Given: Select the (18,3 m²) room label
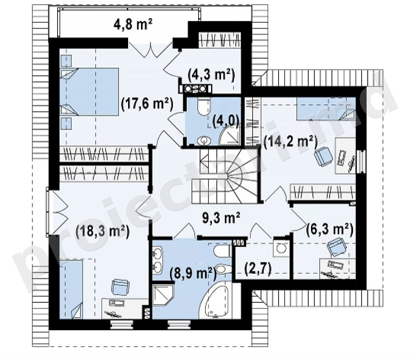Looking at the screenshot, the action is (x=102, y=231).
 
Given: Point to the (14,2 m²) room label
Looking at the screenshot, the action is (x=291, y=142).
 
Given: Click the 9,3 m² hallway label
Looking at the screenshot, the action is (x=221, y=218).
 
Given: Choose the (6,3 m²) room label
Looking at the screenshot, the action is (x=330, y=229).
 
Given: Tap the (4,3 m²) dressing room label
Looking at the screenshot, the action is (x=211, y=75).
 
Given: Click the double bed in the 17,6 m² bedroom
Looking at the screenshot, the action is (x=89, y=92).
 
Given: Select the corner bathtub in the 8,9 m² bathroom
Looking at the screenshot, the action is (x=220, y=301).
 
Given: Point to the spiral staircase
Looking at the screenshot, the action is (x=225, y=175).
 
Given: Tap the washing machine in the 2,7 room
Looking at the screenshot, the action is (x=281, y=247).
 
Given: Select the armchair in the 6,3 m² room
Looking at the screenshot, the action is (x=336, y=247).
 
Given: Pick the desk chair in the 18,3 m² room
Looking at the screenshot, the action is (x=121, y=287).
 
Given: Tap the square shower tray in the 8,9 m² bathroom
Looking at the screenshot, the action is (x=163, y=295).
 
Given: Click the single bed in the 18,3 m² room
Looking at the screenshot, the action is (x=71, y=289).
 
